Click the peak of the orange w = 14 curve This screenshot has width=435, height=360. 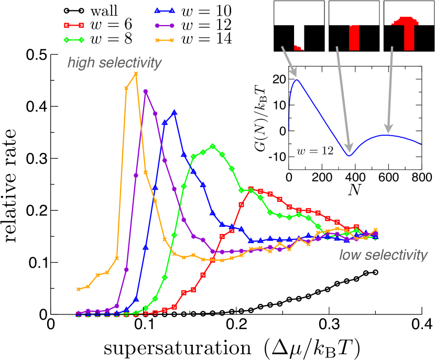coord(136,74)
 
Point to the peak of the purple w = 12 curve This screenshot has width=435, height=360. coord(146,91)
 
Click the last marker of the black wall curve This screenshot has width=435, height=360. coord(375,272)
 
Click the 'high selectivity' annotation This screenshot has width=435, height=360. coord(114,63)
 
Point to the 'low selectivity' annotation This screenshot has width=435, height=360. coord(384,256)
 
